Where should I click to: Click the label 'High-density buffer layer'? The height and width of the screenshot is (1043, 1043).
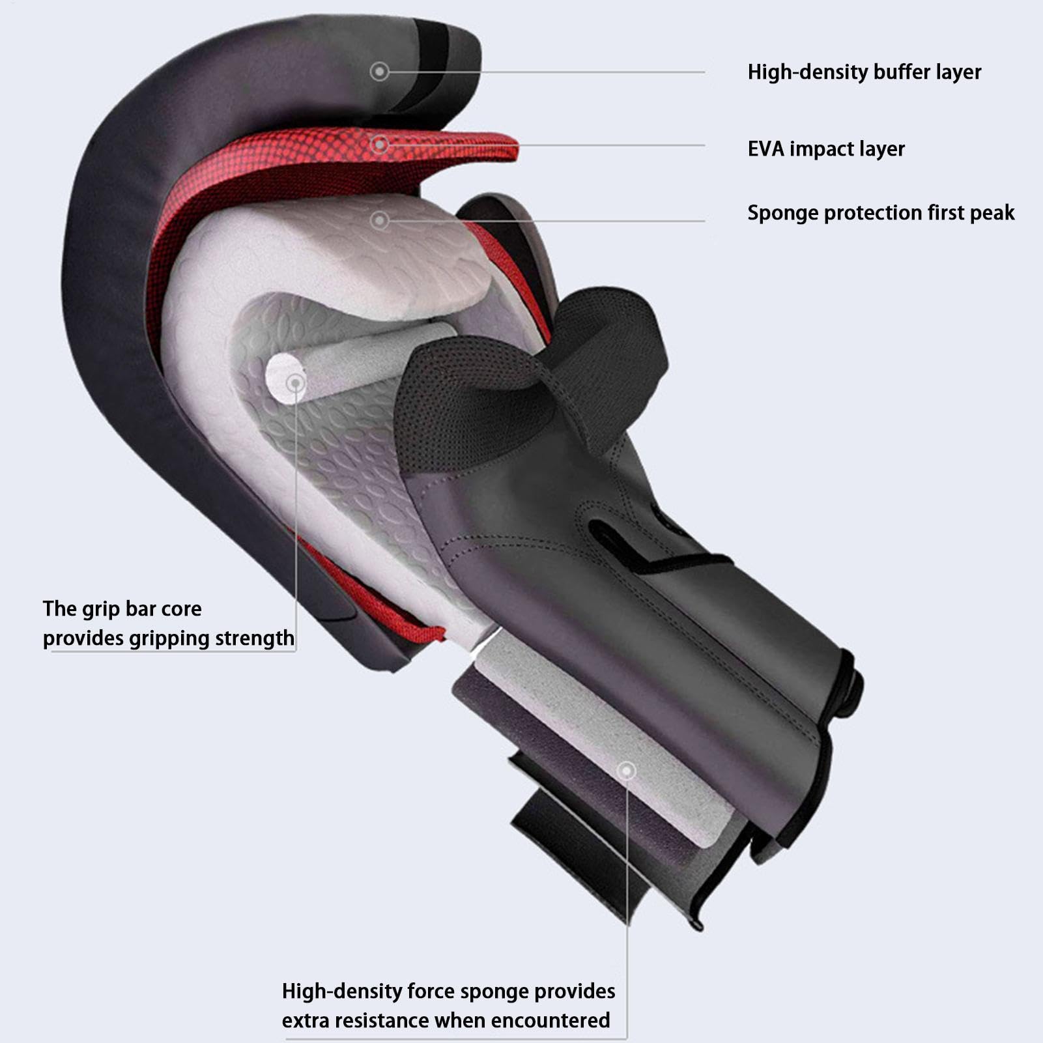(864, 72)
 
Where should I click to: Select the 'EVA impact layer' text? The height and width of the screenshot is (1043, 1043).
(826, 149)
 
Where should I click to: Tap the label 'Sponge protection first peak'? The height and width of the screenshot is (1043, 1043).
(881, 213)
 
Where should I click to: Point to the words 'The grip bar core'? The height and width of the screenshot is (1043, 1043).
(122, 609)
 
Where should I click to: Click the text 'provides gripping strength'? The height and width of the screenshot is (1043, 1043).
(169, 638)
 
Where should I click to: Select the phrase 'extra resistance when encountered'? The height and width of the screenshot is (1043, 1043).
(446, 1020)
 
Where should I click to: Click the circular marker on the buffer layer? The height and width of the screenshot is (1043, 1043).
(379, 71)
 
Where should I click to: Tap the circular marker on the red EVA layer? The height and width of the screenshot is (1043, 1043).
(380, 144)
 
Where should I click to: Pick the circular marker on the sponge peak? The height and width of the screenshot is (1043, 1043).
(380, 220)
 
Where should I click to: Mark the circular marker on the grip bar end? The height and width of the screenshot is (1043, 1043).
(296, 382)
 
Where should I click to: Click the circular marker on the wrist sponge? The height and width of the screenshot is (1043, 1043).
(627, 771)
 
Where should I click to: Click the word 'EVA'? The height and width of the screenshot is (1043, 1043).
(765, 149)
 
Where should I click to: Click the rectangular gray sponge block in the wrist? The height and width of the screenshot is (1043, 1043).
(596, 743)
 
